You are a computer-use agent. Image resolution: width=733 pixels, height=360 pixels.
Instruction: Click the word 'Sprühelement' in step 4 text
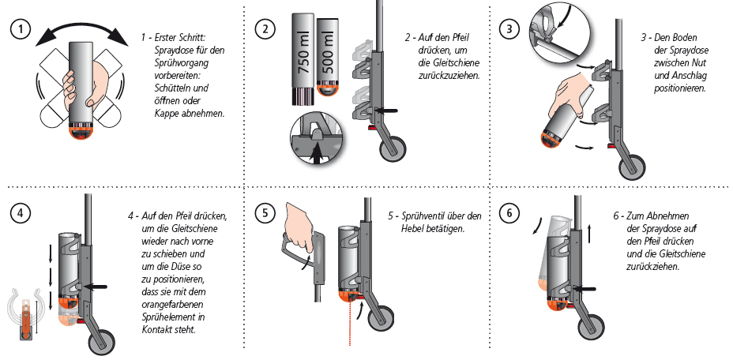click(x=155, y=317)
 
